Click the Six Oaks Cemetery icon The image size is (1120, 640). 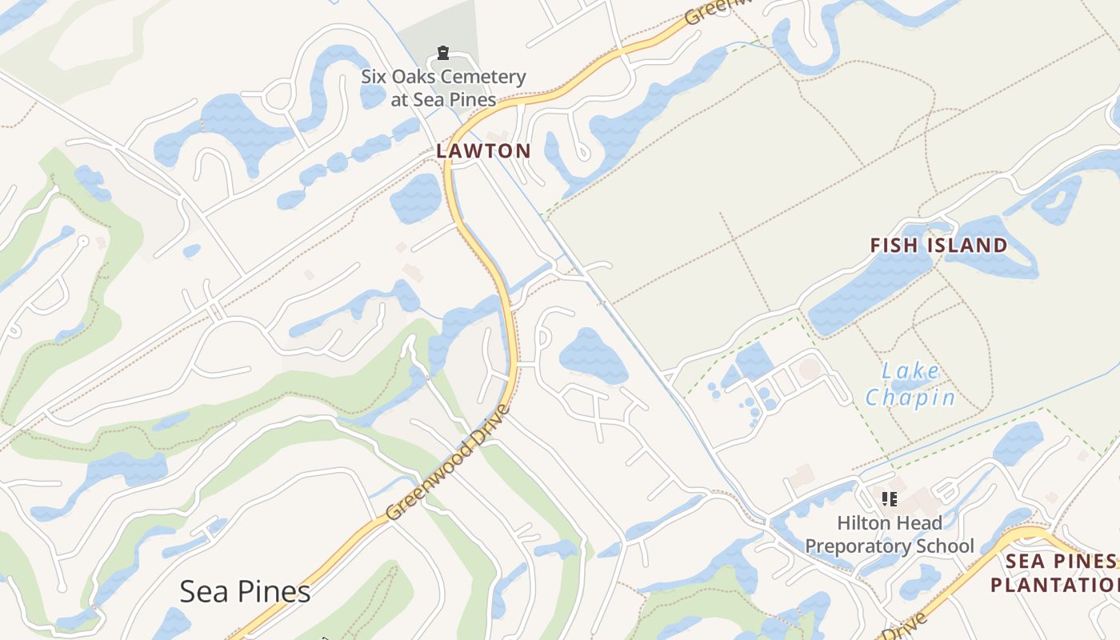(x=442, y=54)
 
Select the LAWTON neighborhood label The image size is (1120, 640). (x=483, y=150)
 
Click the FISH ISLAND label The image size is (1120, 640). (x=938, y=246)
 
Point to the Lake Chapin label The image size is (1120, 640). (x=911, y=384)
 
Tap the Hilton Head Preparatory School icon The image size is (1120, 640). (x=889, y=499)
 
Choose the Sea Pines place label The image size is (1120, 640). (x=245, y=592)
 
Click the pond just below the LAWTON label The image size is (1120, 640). (x=417, y=198)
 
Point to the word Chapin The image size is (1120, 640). (x=910, y=397)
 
